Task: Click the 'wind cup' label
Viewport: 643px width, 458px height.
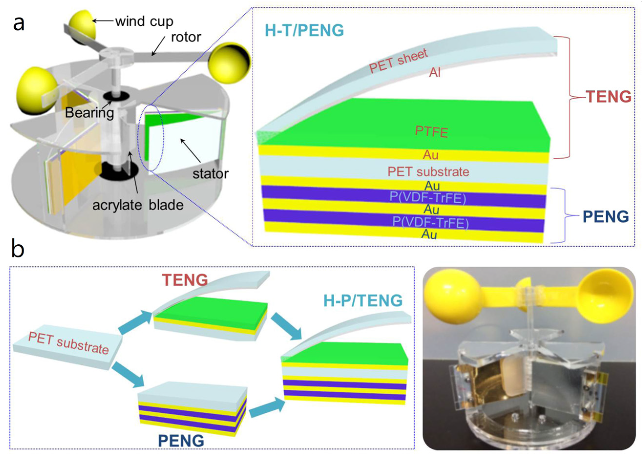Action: click(x=144, y=21)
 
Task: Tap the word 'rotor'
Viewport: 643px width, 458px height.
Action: click(x=186, y=37)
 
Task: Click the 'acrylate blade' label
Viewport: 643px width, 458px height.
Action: click(x=138, y=205)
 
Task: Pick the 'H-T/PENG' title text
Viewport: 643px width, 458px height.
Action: click(x=304, y=30)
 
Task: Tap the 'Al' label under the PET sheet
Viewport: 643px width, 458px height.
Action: click(x=435, y=73)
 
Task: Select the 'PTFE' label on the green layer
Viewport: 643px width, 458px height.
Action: click(x=431, y=132)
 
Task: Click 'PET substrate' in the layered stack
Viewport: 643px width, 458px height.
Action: click(x=428, y=172)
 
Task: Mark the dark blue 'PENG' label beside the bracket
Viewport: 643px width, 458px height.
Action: click(x=606, y=217)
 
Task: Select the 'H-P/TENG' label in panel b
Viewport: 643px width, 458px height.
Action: click(x=363, y=300)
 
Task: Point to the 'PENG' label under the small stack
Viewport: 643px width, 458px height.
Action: click(x=181, y=440)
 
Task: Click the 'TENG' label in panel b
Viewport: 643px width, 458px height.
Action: click(x=185, y=280)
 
